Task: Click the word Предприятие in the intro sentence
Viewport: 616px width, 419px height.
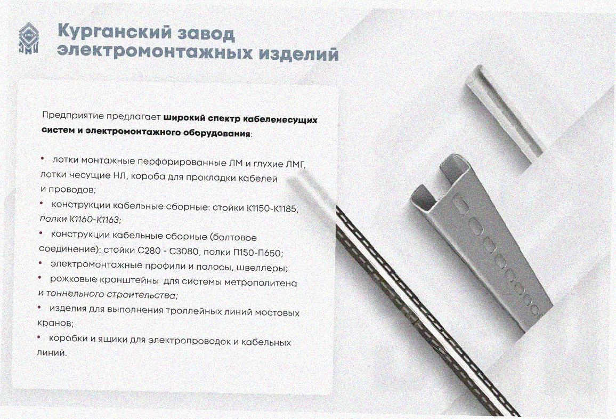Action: pos(73,116)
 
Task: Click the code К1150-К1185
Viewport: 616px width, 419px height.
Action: pos(272,208)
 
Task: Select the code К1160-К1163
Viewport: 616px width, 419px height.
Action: pos(95,219)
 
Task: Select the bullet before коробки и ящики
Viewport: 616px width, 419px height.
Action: pos(39,337)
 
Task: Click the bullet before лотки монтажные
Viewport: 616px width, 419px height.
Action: pos(43,158)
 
